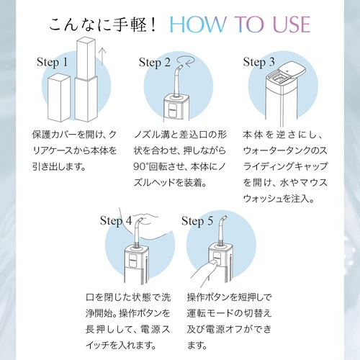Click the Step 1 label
coord(52,63)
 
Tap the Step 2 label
coord(155,63)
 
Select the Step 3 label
coord(258,63)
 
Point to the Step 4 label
coord(116,221)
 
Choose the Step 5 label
coord(197,221)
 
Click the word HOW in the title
coord(197,24)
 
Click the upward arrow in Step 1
coord(102,56)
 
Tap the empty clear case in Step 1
coord(59,98)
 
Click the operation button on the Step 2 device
coord(173,110)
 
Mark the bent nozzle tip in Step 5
coord(223,219)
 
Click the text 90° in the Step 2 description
coord(141,166)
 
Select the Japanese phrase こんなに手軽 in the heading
coord(98,24)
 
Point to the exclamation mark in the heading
coord(154,24)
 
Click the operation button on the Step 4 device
coord(132,261)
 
